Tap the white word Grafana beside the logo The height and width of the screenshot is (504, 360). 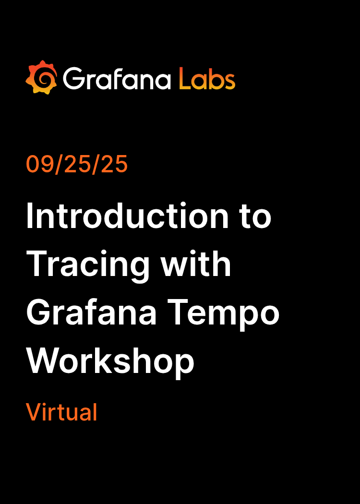click(x=117, y=78)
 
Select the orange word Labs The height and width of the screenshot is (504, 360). click(x=207, y=78)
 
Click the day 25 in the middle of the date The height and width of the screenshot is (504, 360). click(x=77, y=164)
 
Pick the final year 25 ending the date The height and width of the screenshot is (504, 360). click(x=115, y=164)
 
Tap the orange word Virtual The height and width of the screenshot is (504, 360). click(x=61, y=412)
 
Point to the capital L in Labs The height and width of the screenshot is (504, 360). click(x=183, y=78)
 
